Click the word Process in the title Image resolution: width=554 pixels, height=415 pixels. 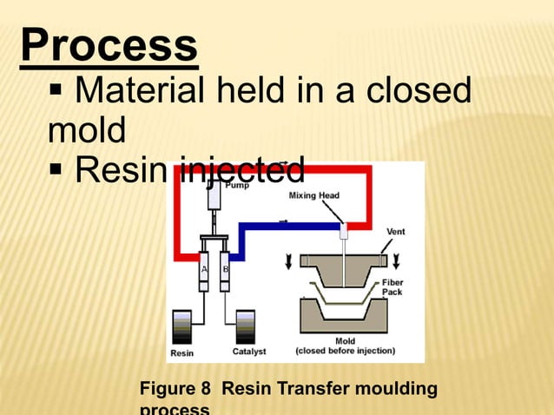point(109,47)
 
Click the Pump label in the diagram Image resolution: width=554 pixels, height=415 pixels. point(237,185)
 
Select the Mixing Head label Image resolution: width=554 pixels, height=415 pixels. point(313,195)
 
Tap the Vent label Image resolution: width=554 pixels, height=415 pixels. point(395,231)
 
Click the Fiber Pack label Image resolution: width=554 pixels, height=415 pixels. point(392,287)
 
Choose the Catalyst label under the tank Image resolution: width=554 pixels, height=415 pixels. point(249,352)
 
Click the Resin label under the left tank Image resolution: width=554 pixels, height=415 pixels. point(182,352)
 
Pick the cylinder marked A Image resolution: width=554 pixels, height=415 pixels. point(205,269)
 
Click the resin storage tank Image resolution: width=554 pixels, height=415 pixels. point(183,327)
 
